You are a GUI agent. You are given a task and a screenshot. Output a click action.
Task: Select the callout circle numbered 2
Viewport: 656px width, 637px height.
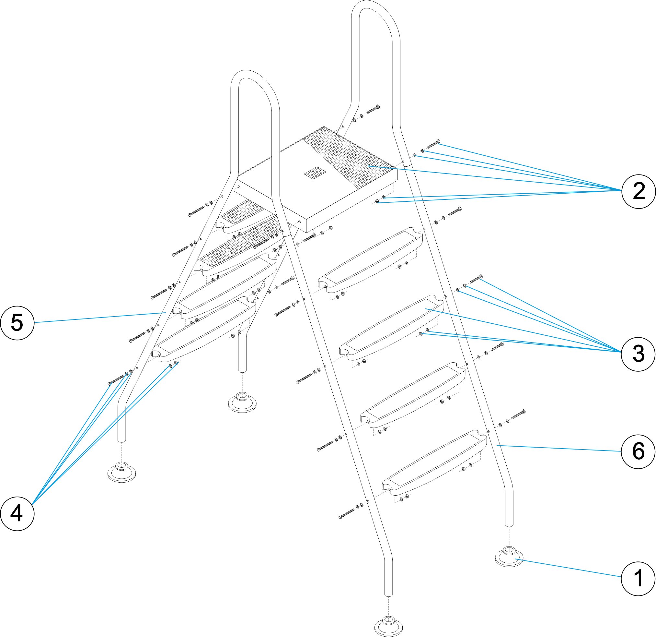639,191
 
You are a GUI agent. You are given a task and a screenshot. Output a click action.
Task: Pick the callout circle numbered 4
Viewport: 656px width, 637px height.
17,514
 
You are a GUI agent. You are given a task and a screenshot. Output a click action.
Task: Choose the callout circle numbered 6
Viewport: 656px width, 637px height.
638,451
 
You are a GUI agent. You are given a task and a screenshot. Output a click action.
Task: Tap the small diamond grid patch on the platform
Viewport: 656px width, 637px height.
315,173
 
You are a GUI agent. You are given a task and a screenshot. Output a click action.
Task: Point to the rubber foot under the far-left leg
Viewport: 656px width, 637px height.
121,473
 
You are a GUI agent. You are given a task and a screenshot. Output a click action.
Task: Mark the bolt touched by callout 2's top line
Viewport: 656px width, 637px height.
433,144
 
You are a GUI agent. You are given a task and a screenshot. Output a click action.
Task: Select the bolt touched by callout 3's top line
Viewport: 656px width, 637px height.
476,278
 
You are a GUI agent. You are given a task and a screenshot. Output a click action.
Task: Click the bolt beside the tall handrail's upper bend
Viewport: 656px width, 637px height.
373,110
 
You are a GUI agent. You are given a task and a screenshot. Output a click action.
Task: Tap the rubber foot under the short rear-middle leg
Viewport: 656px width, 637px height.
242,403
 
